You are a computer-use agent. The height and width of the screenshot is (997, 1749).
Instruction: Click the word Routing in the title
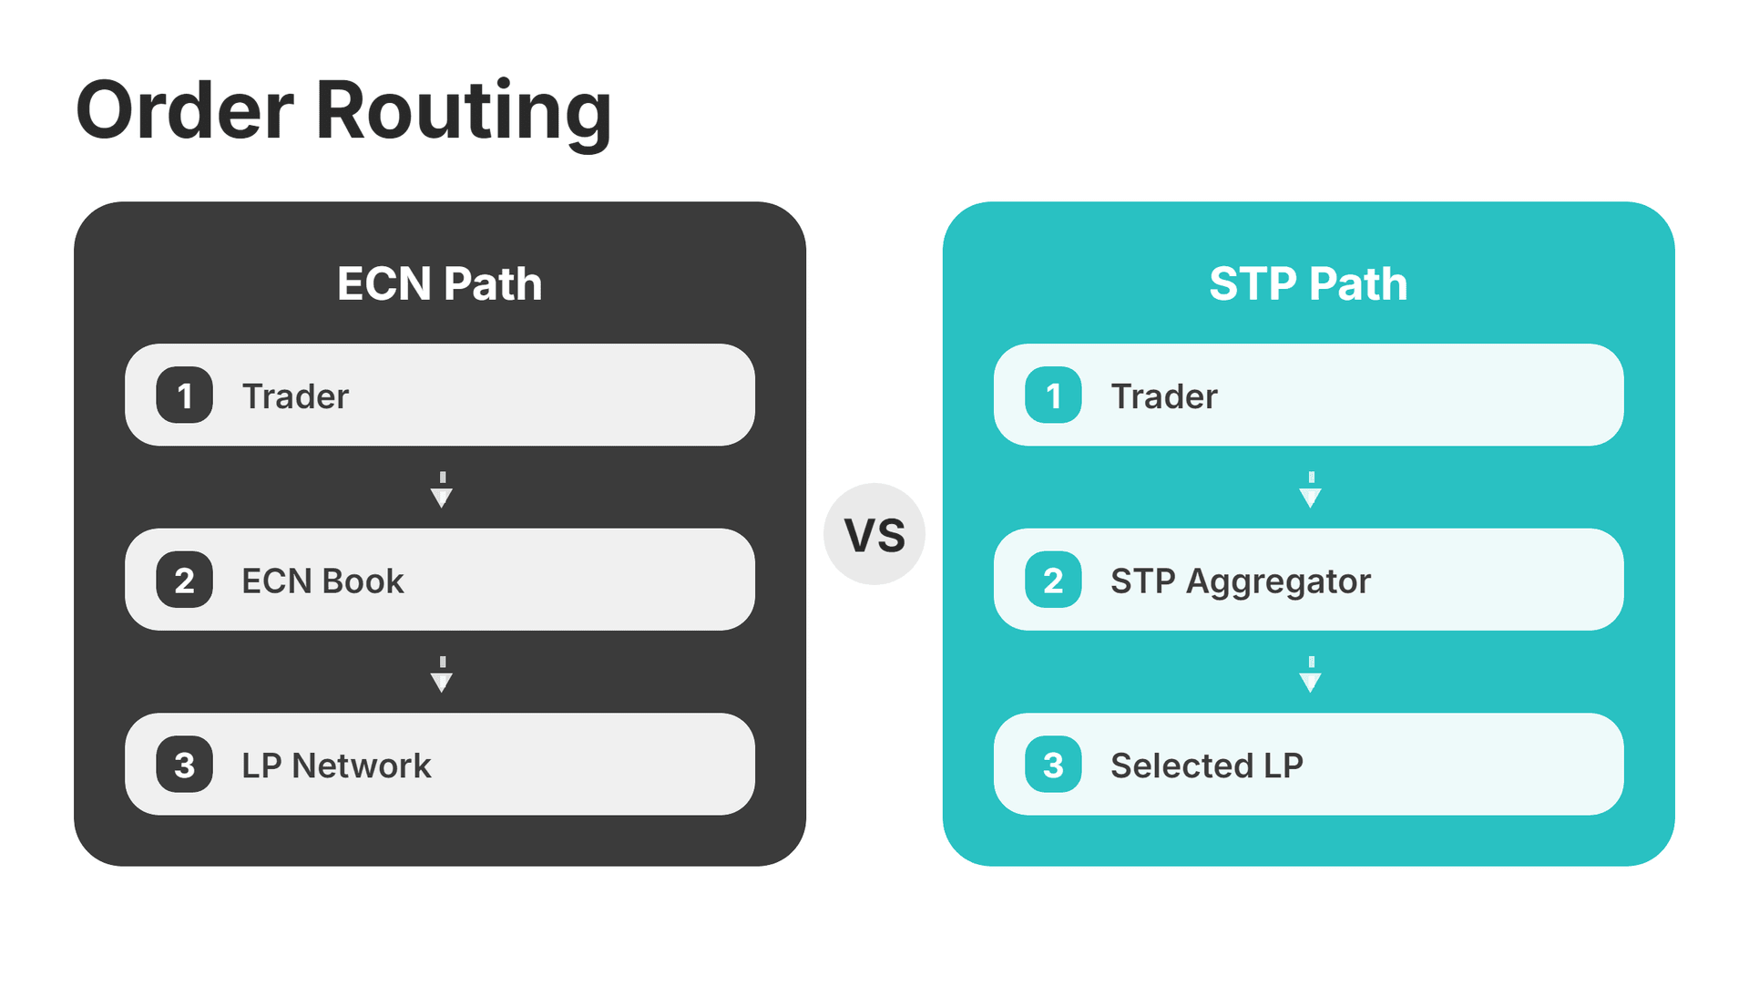463,111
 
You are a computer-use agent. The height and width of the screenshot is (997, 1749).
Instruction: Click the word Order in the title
185,111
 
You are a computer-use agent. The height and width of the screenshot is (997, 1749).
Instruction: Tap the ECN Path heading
439,283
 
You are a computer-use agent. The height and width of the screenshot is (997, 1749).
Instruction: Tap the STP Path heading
1308,283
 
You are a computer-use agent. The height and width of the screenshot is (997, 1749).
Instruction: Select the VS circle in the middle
874,534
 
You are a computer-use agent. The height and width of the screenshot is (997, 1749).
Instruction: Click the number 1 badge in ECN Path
184,396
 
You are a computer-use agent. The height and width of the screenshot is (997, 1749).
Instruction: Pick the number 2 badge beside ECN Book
184,580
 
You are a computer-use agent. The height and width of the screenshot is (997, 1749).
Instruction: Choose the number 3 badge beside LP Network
184,765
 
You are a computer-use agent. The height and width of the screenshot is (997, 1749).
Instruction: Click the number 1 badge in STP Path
1053,396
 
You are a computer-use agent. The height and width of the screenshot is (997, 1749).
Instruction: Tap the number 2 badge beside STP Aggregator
1053,580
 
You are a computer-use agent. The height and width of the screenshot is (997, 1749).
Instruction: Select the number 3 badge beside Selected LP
1053,765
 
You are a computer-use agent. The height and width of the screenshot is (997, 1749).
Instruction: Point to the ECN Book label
322,581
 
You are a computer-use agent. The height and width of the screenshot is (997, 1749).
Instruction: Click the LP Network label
336,766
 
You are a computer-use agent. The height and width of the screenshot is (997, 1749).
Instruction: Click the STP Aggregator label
1241,581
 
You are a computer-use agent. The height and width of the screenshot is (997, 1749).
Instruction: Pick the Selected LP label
1207,766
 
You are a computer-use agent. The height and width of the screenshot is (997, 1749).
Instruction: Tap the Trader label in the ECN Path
295,396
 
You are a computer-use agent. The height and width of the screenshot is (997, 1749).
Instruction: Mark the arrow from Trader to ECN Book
442,490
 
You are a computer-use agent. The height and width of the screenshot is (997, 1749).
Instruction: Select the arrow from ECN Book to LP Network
442,674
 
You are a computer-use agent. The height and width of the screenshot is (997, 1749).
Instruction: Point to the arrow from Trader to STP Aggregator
1311,490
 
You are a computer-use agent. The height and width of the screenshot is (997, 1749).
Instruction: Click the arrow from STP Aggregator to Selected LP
1311,674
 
